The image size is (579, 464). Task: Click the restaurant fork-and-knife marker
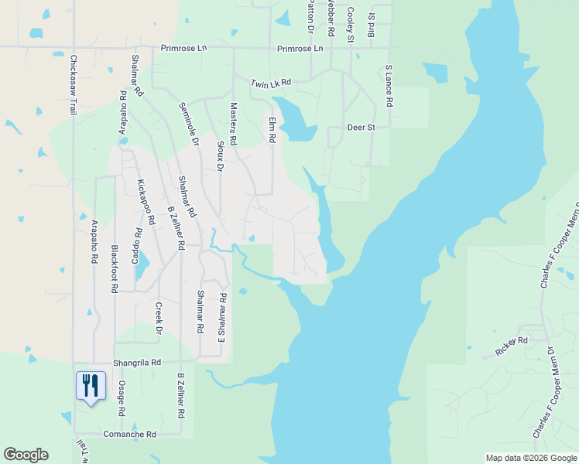coord(91,385)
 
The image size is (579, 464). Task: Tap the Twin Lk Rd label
coord(271,82)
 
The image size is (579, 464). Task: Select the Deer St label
coord(361,127)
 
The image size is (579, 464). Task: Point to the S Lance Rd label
coord(389,86)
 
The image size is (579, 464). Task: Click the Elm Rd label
coord(272,128)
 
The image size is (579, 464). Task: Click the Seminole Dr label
coord(189,125)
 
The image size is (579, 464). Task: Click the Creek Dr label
coord(158,319)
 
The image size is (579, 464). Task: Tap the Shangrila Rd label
coord(135,362)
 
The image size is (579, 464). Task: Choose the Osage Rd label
coord(122,400)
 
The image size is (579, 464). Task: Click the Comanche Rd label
coord(130,435)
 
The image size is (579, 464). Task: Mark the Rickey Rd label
coord(511,340)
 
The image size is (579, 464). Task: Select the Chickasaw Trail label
coord(74,85)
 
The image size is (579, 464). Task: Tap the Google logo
coord(26,455)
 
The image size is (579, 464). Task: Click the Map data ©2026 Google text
coord(532,458)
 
